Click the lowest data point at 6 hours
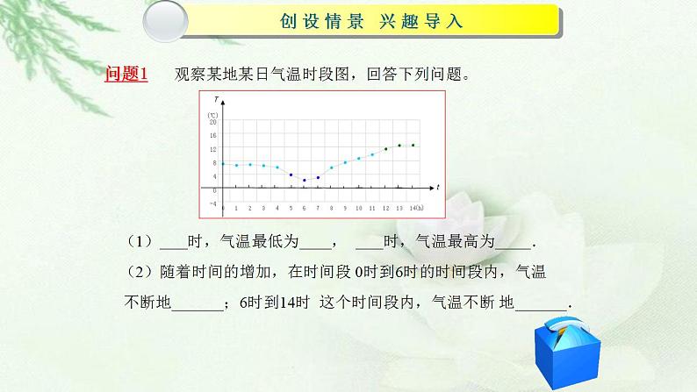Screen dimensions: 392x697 point(304,180)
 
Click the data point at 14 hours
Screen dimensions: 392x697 point(413,146)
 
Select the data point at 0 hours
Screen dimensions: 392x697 point(223,164)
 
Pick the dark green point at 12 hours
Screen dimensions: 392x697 point(385,149)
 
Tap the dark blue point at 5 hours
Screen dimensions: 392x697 point(291,175)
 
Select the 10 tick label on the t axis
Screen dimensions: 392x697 point(358,209)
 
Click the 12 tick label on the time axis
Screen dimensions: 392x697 point(385,209)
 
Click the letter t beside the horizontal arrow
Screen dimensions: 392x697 point(437,188)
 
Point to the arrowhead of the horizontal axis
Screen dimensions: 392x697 point(429,188)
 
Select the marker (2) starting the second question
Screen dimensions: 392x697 point(139,272)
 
